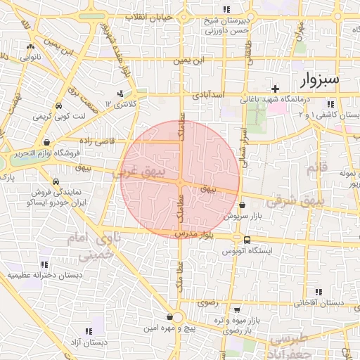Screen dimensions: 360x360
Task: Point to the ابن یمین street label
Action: [x=193, y=61]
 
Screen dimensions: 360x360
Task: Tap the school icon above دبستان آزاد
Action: [x=89, y=330]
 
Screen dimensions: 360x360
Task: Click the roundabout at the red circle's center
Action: [x=181, y=182]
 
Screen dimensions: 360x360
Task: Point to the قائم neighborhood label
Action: [x=318, y=167]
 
